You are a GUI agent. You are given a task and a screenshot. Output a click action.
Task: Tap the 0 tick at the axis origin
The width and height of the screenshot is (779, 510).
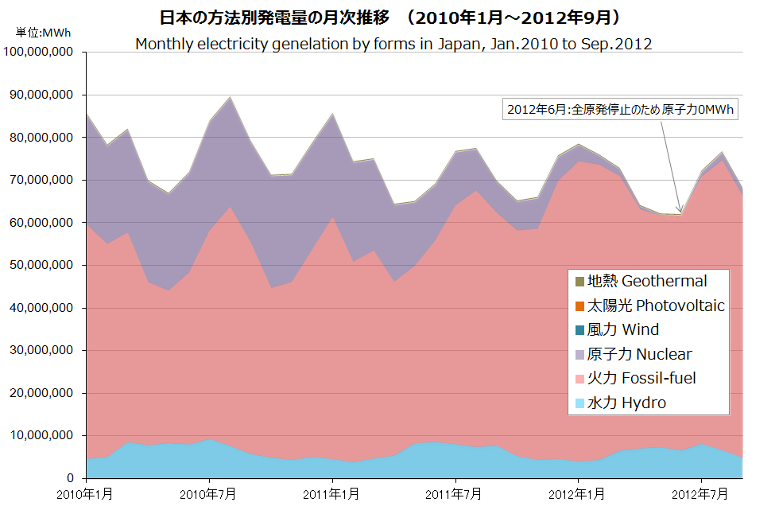[x=70, y=479]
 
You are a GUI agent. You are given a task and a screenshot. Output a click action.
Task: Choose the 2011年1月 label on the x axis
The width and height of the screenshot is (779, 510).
[x=332, y=495]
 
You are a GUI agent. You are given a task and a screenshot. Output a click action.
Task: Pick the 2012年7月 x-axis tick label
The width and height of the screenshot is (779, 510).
[x=702, y=495]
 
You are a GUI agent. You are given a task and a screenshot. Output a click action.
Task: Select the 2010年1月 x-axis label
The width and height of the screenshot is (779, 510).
[x=85, y=495]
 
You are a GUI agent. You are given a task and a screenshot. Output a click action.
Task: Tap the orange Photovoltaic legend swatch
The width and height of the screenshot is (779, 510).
[x=579, y=306]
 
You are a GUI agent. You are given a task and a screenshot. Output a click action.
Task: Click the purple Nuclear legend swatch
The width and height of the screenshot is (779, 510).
[x=579, y=354]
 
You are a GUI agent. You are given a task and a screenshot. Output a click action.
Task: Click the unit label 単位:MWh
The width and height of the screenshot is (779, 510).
[x=42, y=33]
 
